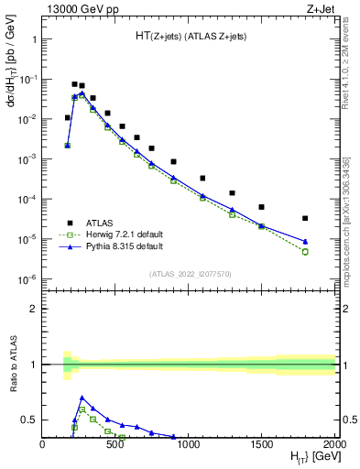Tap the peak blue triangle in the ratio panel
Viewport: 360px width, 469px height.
point(82,398)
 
